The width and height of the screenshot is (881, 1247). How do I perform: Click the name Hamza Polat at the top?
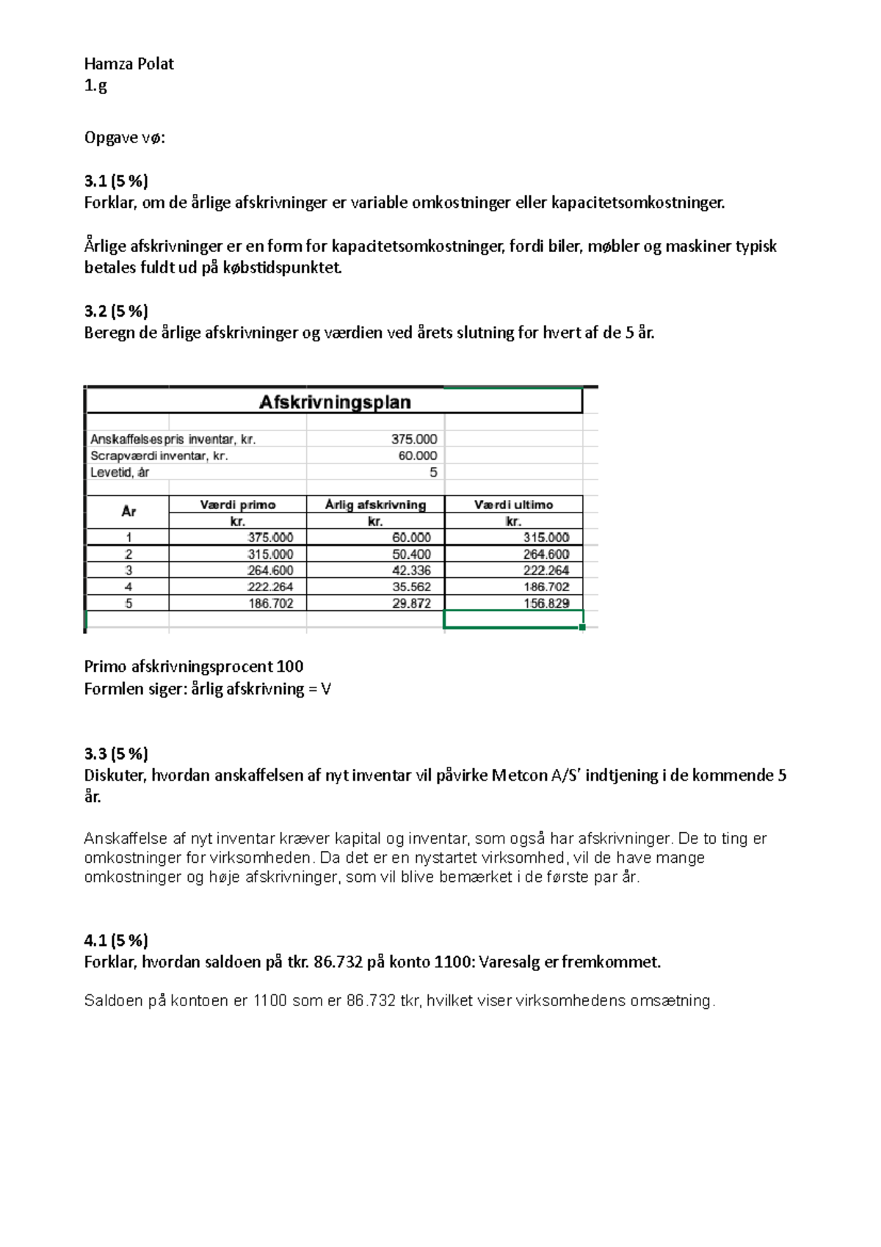[129, 64]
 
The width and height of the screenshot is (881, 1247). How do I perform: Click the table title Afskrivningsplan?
[335, 402]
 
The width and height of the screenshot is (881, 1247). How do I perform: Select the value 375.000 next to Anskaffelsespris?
[413, 439]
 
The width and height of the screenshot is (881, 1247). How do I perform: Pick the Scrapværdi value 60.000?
[417, 455]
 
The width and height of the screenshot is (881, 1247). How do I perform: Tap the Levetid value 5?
[433, 472]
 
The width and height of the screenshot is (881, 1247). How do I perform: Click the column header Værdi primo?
[237, 505]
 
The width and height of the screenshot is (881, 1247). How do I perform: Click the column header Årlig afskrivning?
[375, 505]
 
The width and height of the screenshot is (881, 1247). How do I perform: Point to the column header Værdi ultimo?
[513, 505]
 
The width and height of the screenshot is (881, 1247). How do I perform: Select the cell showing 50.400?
[411, 554]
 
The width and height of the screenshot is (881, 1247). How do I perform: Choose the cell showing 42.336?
[411, 571]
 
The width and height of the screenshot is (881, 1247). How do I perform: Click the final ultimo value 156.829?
[546, 604]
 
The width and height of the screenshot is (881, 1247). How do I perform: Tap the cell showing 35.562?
[411, 587]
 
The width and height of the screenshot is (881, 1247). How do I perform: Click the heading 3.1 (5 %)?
[116, 181]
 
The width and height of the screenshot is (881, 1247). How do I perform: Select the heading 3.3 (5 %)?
[116, 753]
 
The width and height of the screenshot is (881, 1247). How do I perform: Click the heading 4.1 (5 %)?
[116, 940]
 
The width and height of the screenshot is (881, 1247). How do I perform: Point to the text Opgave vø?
[125, 137]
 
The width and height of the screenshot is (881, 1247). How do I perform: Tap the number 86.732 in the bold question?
[338, 962]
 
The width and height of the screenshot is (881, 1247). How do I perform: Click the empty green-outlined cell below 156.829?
[513, 620]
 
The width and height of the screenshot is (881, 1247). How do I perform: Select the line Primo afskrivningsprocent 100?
[194, 666]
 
